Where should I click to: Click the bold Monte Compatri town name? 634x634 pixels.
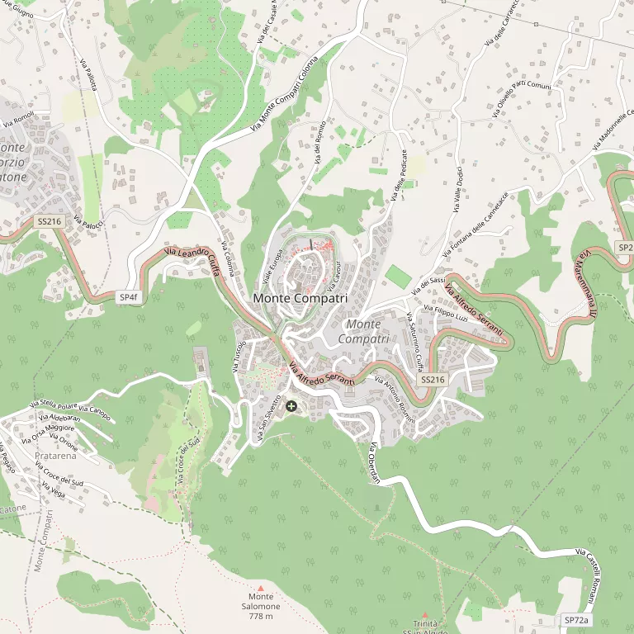click(300, 298)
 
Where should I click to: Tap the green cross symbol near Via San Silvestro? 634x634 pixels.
click(291, 406)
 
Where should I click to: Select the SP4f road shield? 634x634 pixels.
click(128, 296)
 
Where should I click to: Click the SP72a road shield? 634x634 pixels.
click(576, 619)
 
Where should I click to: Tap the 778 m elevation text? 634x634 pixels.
click(261, 616)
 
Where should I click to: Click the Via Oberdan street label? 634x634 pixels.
click(373, 464)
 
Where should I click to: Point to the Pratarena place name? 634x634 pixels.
click(55, 455)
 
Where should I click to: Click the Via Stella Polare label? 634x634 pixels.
click(54, 405)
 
